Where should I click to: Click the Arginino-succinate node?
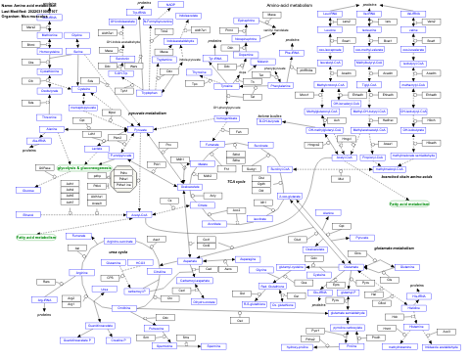[x=118, y=241]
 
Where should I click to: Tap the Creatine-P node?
[x=118, y=340]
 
